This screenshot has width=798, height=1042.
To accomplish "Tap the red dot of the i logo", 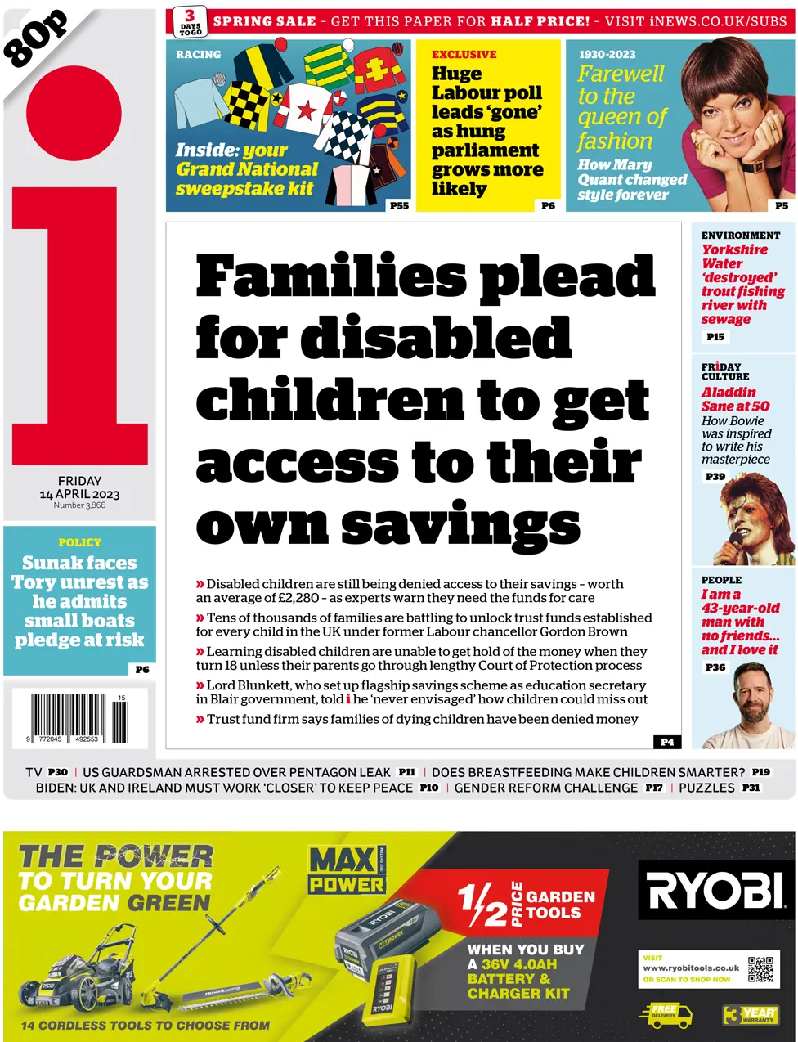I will [x=74, y=114].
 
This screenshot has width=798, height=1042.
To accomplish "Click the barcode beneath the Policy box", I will [x=78, y=716].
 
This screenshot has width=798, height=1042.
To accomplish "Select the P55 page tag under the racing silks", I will [x=399, y=205].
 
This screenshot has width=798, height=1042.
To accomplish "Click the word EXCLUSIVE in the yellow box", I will [x=464, y=55].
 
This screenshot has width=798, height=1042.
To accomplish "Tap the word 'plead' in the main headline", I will [x=567, y=277].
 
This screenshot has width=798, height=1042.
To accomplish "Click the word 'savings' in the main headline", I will [x=460, y=525].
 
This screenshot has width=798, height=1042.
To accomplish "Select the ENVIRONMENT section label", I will [x=740, y=236].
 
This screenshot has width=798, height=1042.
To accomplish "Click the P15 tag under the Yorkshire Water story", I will [x=715, y=336].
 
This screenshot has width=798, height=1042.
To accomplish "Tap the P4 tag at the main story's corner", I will [x=667, y=742].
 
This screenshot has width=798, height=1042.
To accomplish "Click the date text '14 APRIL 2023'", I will [x=79, y=494].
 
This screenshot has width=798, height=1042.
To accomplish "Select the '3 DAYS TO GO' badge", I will [x=190, y=22].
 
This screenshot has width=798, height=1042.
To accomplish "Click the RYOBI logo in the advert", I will [x=715, y=890].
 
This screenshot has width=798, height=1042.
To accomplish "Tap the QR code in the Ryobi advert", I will [x=760, y=970].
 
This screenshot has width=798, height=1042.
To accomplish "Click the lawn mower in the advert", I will [x=83, y=972].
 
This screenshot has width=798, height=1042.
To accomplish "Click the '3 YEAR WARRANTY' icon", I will [x=749, y=1015].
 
